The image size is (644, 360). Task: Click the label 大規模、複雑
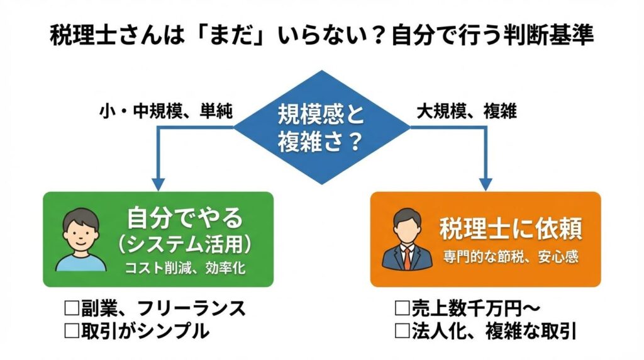tap(467, 113)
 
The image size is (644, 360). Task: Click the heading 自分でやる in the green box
tap(184, 218)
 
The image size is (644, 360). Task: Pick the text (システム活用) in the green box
tap(184, 244)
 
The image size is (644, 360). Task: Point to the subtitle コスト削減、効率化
tap(184, 267)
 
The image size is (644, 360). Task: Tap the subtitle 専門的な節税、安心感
tap(511, 257)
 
